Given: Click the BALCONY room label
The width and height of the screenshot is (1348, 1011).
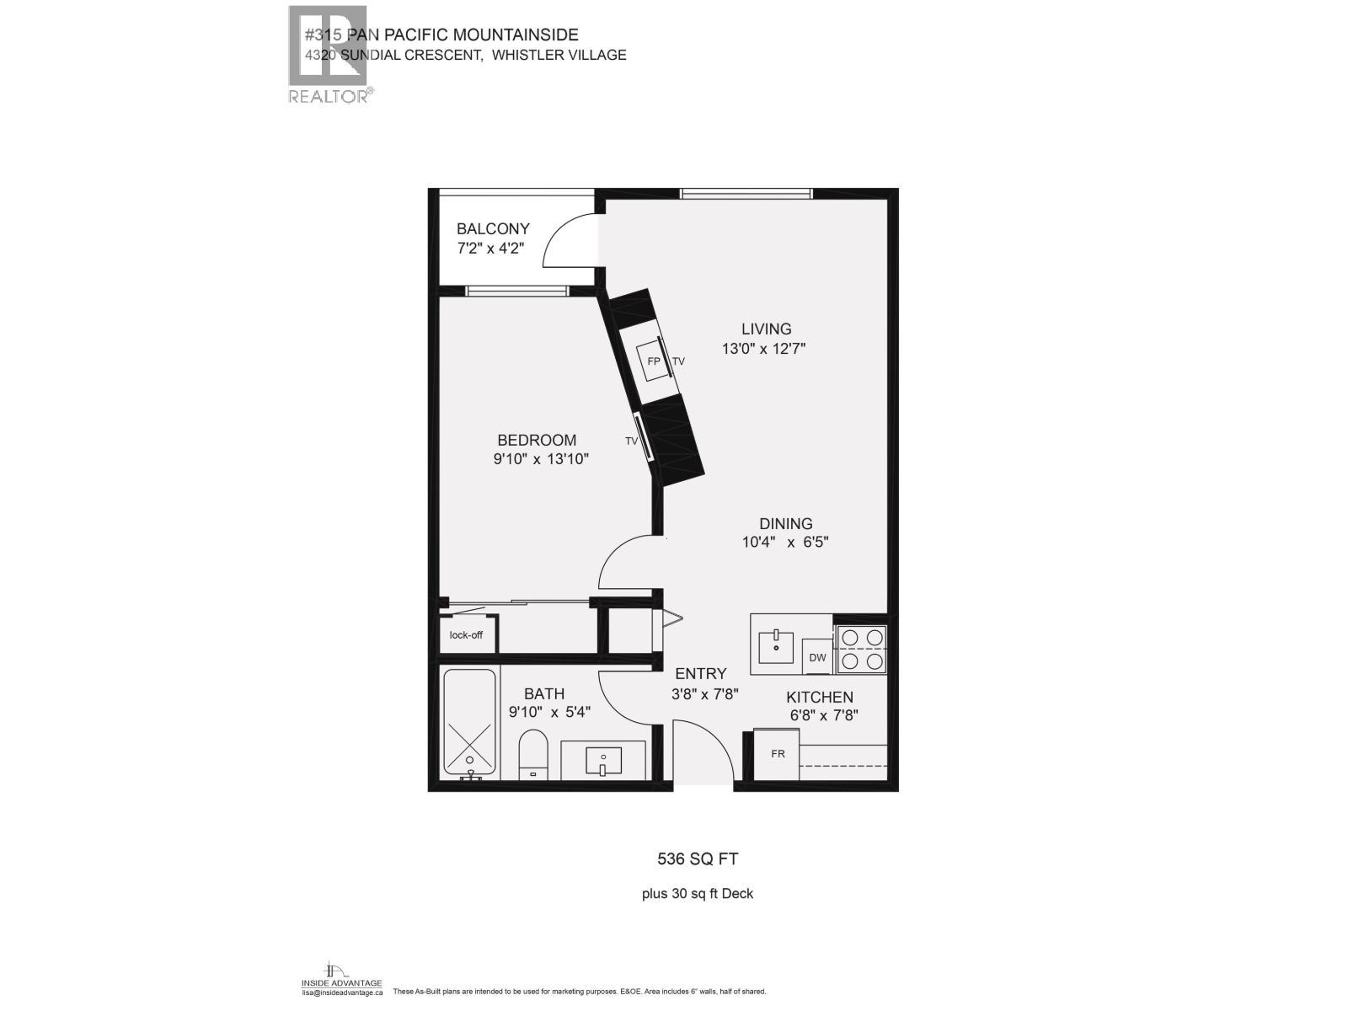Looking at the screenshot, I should coord(493,228).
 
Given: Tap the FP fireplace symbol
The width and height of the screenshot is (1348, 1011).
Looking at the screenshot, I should coord(653,361).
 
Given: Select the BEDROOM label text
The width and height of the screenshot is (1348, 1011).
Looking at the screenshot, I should coord(537,440).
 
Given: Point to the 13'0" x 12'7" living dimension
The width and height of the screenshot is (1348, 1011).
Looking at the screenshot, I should coord(764,349).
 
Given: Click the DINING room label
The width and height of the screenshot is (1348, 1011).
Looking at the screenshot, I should coord(785,523).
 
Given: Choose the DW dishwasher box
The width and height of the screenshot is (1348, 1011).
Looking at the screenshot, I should coord(817,657).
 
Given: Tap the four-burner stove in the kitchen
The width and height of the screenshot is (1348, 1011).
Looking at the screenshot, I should coord(861,650).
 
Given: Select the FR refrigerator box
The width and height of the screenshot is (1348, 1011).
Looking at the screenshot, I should coord(778,753).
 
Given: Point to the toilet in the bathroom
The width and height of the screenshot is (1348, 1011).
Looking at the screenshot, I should coord(532,754).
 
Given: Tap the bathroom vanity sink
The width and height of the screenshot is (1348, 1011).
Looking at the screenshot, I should coord(603,762).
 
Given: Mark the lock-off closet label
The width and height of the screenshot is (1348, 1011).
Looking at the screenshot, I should coord(466,634).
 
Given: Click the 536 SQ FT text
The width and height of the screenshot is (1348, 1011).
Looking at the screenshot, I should coord(698,859).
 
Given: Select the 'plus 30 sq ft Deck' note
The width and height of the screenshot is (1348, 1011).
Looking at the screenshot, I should coord(698,894).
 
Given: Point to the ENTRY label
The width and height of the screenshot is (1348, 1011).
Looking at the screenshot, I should coord(700,673).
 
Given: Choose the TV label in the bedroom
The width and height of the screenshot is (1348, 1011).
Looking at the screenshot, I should coord(631,441).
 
